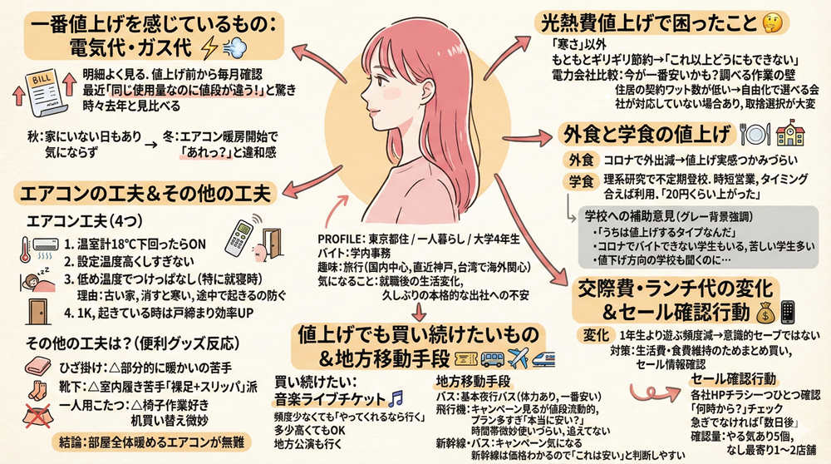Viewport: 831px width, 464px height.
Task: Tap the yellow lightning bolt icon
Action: click(210, 46)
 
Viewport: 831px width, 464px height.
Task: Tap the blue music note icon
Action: click(396, 396)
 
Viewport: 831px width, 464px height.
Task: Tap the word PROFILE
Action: click(340, 238)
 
